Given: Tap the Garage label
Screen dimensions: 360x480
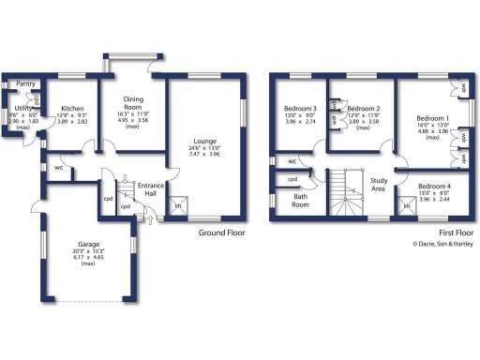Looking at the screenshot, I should point(88,245).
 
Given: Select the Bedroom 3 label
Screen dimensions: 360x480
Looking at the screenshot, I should point(303,109).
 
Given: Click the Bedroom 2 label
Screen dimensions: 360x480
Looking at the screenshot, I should point(363,109).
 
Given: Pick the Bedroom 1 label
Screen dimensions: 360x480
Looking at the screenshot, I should point(432,118).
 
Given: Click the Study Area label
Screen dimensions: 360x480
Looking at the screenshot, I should point(380,184).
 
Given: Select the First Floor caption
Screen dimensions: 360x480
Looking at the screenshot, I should point(455,232).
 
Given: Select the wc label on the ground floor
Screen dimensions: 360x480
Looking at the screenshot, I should point(58,169).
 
